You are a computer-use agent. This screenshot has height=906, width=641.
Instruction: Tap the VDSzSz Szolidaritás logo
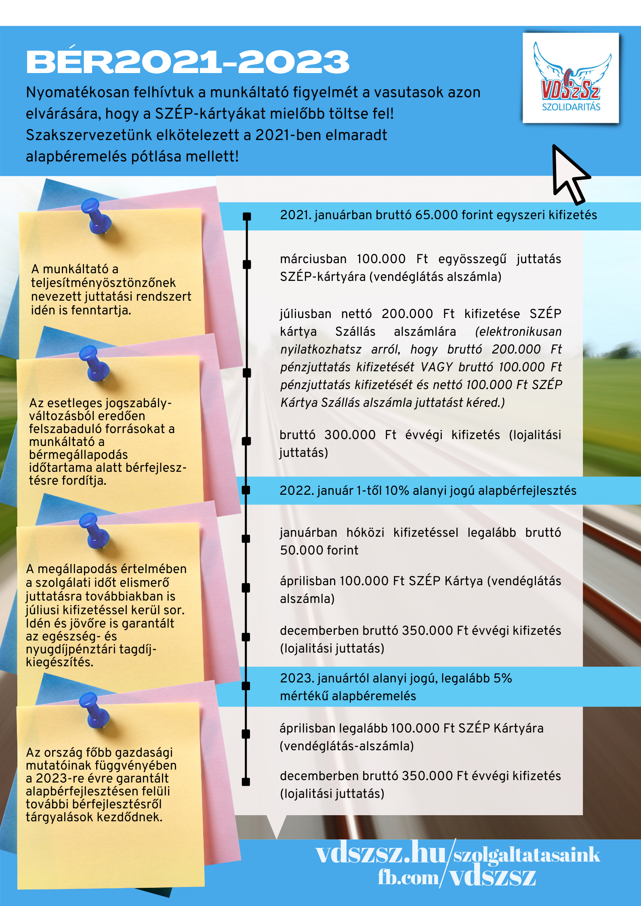[x=570, y=78]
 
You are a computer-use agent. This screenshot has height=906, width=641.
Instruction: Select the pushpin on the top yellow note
[x=97, y=216]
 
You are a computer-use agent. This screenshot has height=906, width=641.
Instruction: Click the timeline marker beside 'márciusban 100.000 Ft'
[x=247, y=264]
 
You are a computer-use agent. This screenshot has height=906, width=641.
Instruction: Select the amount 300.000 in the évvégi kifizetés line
[x=350, y=435]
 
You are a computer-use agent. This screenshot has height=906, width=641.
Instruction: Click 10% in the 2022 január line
[x=397, y=491]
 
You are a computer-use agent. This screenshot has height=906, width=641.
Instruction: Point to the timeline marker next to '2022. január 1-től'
[x=246, y=490]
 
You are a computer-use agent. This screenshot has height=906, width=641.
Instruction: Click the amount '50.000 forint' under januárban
[x=319, y=550]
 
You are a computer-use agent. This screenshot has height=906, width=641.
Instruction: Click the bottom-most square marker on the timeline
[x=246, y=782]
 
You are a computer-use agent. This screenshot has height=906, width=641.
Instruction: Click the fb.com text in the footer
[x=408, y=878]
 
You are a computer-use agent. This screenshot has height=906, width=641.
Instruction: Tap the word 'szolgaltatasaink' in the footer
[x=527, y=854]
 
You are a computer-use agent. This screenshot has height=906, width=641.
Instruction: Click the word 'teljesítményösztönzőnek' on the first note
[x=103, y=282]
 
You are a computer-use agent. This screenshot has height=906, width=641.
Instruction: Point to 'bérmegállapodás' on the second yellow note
[x=78, y=455]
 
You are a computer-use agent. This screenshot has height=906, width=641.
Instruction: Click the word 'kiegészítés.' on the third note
[x=59, y=662]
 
